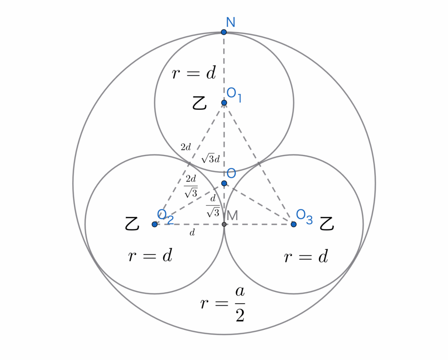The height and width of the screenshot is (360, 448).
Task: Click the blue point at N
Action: tap(224, 32)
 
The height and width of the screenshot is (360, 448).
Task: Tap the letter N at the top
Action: tap(231, 21)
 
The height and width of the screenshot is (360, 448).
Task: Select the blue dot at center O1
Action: tap(224, 103)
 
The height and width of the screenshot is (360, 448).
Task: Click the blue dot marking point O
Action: tap(224, 183)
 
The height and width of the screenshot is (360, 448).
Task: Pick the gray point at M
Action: tap(224, 224)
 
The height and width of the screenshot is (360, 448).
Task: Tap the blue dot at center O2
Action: tap(154, 224)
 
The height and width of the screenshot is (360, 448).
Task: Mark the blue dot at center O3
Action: tap(294, 224)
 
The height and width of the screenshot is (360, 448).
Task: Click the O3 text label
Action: tap(304, 216)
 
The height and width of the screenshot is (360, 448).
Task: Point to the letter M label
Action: tap(232, 215)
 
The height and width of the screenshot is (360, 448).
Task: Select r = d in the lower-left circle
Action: tap(150, 256)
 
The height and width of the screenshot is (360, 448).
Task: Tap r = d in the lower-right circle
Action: tap(306, 257)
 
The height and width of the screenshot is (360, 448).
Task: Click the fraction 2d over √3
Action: tap(191, 185)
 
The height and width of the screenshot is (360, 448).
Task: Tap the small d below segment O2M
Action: tap(192, 233)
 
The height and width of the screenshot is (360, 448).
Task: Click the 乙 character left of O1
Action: tap(199, 103)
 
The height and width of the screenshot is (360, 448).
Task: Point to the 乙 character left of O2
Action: tap(132, 224)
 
